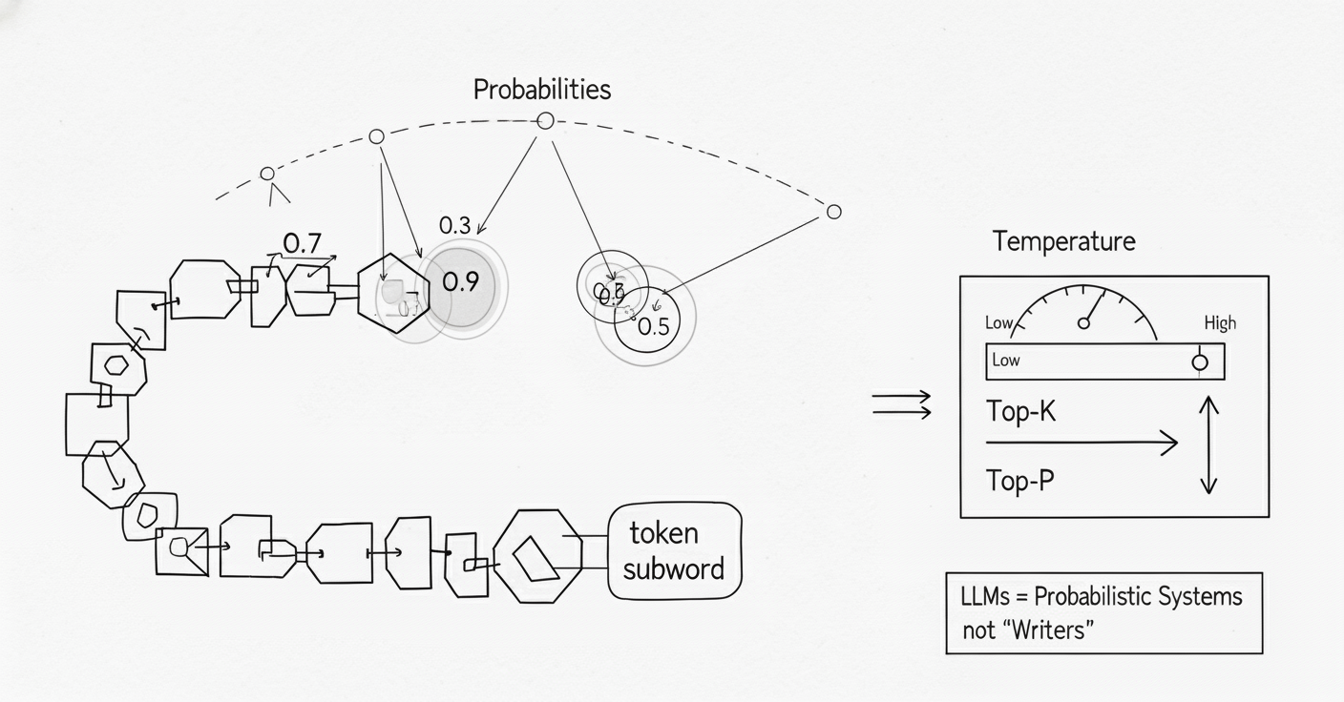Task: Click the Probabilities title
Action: [542, 90]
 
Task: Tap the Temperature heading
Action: [1063, 241]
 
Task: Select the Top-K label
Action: [1020, 412]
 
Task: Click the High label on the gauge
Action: [1219, 323]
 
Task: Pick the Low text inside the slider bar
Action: [1006, 361]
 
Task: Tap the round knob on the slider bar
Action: [1200, 362]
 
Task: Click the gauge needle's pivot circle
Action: [1083, 323]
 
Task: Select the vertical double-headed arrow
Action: [1208, 445]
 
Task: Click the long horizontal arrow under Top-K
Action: [1081, 443]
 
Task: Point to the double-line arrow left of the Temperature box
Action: [901, 404]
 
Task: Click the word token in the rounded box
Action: [663, 533]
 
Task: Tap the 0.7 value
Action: [302, 244]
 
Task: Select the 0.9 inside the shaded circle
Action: [460, 282]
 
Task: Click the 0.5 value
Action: [653, 327]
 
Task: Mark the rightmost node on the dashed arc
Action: [833, 212]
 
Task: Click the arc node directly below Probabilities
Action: [545, 121]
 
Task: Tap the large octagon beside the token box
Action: [537, 556]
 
